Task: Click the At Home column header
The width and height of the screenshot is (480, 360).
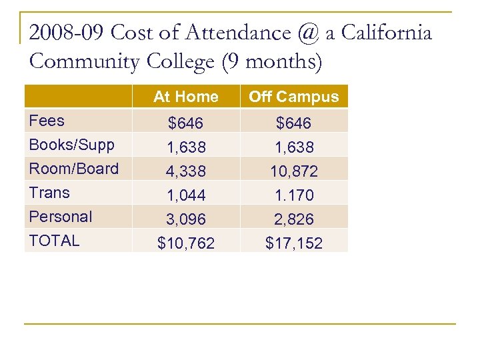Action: pos(185,97)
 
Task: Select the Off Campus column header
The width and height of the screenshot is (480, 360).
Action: pos(293,97)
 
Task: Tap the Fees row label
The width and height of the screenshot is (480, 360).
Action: pos(47,121)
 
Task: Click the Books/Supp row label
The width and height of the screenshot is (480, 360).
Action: pos(71,145)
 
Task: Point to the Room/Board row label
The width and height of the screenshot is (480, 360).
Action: pos(73,169)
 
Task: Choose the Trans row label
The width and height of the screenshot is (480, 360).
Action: pos(49,193)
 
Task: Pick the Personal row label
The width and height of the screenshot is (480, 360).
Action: pos(61,217)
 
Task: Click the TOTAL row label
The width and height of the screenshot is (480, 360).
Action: pos(54,241)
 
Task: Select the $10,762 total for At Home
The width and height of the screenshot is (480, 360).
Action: pos(186,244)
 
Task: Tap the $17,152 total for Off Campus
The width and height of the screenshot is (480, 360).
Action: pos(293,244)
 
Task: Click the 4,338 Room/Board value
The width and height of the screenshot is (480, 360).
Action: pos(186,171)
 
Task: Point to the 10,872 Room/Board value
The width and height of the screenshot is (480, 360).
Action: pos(293,171)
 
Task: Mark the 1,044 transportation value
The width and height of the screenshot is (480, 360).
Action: pos(186,195)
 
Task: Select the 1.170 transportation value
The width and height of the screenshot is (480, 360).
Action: pos(293,195)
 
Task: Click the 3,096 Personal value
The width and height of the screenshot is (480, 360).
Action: pos(186,219)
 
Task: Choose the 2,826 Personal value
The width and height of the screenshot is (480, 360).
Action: pos(293,219)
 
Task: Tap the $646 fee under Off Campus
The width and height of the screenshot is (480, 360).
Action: pos(293,123)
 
